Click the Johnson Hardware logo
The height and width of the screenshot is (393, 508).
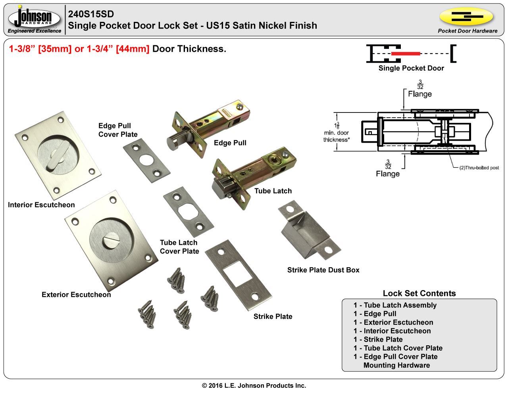pyautogui.click(x=35, y=19)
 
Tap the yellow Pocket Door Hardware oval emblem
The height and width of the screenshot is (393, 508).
pyautogui.click(x=467, y=17)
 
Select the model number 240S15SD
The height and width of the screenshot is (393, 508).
pyautogui.click(x=91, y=14)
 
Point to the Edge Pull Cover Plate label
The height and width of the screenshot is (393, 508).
pyautogui.click(x=117, y=130)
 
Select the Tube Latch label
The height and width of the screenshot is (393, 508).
pyautogui.click(x=273, y=191)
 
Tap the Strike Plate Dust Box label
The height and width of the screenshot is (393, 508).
pyautogui.click(x=323, y=270)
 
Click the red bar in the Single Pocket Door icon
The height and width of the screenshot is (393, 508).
pyautogui.click(x=405, y=53)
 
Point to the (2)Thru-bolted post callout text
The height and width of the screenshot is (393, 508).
pyautogui.click(x=479, y=168)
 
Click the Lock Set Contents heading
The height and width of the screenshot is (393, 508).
pyautogui.click(x=419, y=294)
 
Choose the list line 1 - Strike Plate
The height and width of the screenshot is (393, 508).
pyautogui.click(x=378, y=340)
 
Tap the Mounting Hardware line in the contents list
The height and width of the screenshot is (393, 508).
pyautogui.click(x=396, y=366)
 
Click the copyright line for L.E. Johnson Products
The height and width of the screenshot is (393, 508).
pyautogui.click(x=254, y=385)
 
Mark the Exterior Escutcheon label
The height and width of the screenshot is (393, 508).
pyautogui.click(x=76, y=295)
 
